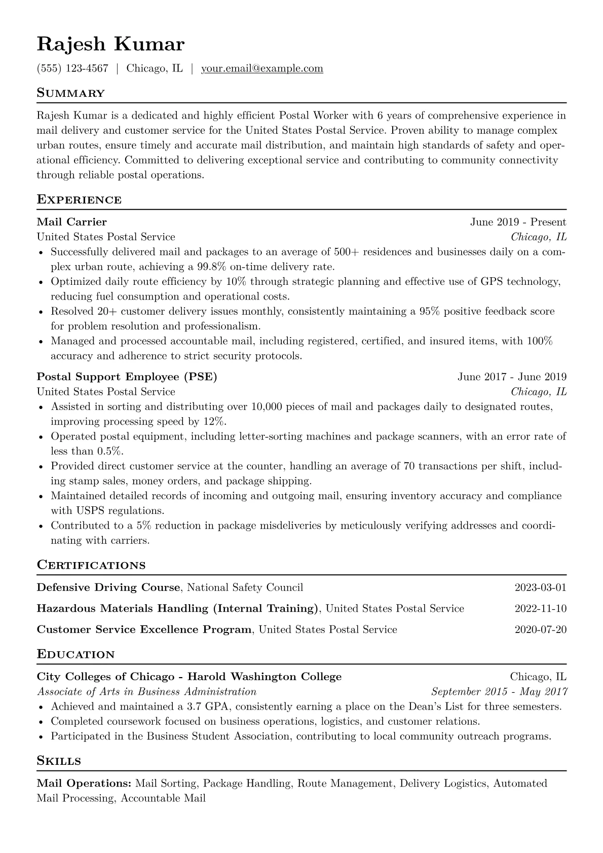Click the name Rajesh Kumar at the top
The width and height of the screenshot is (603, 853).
tap(110, 45)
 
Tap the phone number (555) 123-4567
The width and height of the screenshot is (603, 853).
tap(72, 68)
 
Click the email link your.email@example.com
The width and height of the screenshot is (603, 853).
tap(262, 68)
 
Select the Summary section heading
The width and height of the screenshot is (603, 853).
tap(70, 93)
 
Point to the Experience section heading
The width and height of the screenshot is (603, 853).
tap(79, 200)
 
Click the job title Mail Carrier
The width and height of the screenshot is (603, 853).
tap(71, 222)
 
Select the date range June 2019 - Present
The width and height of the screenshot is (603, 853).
tap(518, 222)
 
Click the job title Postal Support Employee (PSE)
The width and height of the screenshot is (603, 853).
tap(127, 377)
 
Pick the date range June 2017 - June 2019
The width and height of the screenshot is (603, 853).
tap(512, 377)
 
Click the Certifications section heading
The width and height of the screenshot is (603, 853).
tap(91, 565)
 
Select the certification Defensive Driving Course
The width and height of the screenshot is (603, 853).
tap(108, 587)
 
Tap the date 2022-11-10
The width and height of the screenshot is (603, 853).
tap(540, 608)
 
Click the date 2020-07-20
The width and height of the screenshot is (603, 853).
tap(540, 629)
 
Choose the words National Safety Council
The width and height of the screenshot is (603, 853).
tap(245, 587)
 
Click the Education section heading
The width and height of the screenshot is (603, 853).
tap(76, 654)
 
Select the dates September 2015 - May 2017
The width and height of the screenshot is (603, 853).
tap(499, 691)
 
